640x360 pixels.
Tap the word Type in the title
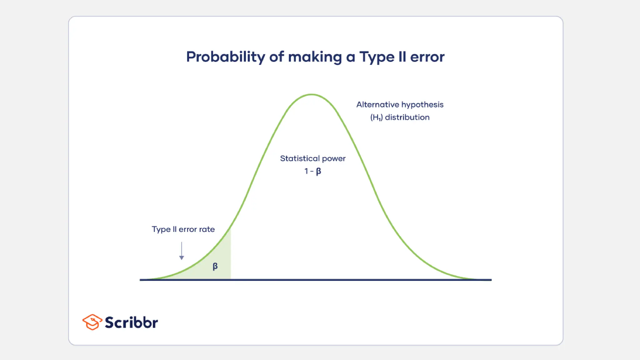(x=377, y=57)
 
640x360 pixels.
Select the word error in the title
(x=427, y=57)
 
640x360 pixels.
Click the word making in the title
(x=315, y=57)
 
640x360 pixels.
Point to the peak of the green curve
(x=312, y=94)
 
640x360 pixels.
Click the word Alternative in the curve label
(x=377, y=105)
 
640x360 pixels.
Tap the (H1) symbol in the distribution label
(x=376, y=117)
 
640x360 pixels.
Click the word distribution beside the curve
(x=407, y=117)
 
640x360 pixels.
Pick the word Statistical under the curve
(x=300, y=159)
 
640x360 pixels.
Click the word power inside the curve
(x=334, y=159)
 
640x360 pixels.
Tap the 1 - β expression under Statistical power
(x=313, y=171)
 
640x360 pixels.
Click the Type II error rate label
(x=183, y=229)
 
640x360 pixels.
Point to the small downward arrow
(x=182, y=252)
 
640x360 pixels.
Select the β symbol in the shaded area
(x=215, y=266)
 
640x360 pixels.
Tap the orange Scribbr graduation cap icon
(x=92, y=322)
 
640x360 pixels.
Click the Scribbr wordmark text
(x=131, y=322)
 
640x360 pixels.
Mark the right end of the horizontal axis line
(x=491, y=280)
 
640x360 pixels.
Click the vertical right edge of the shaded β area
(x=231, y=256)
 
